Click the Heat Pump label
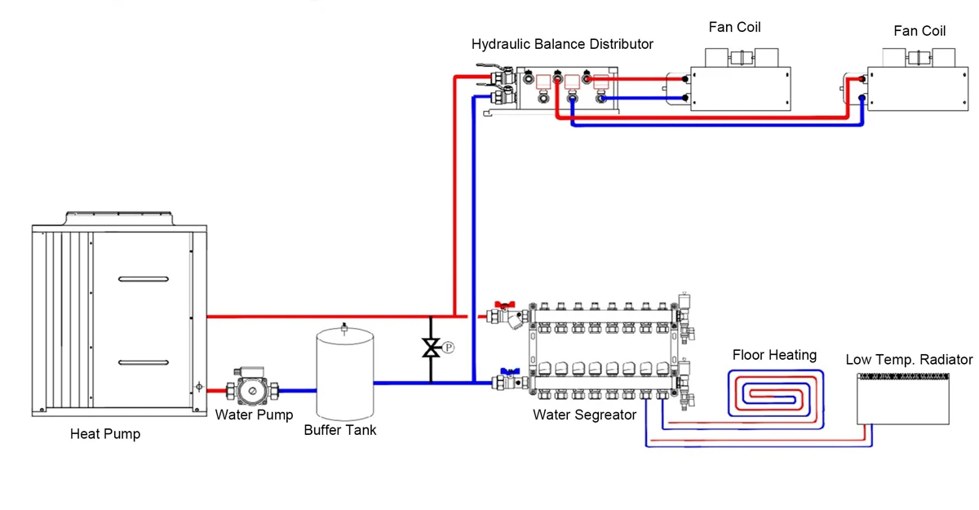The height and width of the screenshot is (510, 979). [104, 434]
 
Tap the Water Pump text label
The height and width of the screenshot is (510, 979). [254, 415]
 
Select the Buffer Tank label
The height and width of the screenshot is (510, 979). [340, 430]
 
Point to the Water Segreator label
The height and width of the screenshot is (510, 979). [584, 415]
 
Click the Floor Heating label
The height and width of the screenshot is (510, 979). [774, 355]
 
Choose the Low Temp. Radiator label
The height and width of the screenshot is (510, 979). [909, 359]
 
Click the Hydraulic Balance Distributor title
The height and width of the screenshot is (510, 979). [562, 43]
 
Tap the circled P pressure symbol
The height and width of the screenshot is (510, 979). [448, 348]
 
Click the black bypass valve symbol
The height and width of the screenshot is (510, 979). [430, 348]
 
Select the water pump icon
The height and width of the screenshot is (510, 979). [254, 391]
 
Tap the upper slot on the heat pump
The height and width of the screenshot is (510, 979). [144, 280]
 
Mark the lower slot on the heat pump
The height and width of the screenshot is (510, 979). [144, 361]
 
